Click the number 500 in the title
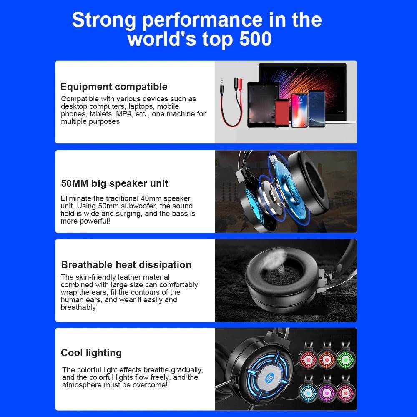pyautogui.click(x=255, y=39)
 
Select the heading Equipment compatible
pyautogui.click(x=114, y=87)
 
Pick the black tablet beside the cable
pyautogui.click(x=263, y=104)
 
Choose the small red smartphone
pyautogui.click(x=282, y=113)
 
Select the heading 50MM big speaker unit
pyautogui.click(x=115, y=183)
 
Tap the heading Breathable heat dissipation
pyautogui.click(x=126, y=265)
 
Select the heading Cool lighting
pyautogui.click(x=91, y=353)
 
